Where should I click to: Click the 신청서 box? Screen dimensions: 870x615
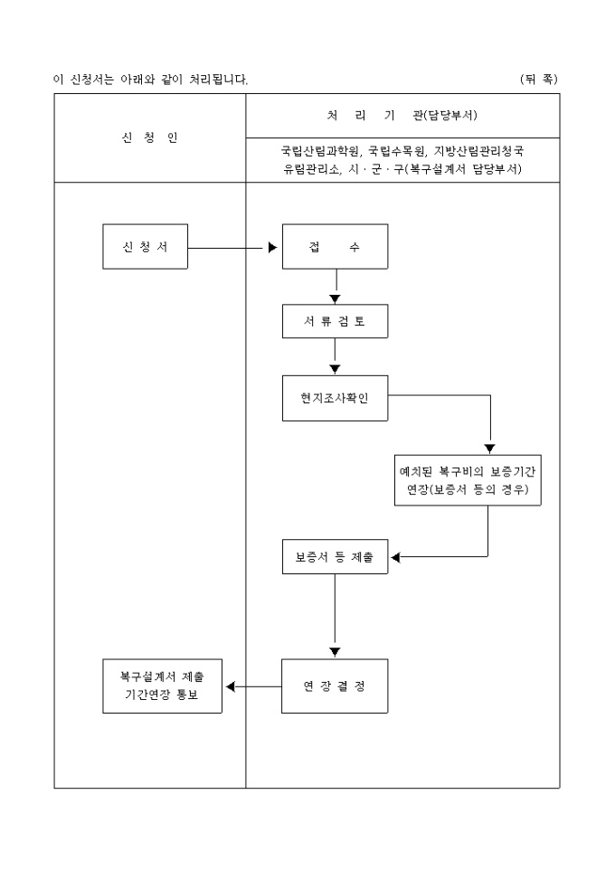pos(145,247)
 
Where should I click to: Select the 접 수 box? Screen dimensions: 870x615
pos(335,247)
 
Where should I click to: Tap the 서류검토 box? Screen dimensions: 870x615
pos(335,320)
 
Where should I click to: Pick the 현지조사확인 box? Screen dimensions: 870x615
pos(335,396)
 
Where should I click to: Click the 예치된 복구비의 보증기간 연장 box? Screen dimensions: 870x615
pos(468,479)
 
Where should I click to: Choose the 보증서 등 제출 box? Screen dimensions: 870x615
pos(335,557)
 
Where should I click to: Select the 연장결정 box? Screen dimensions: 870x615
pos(335,686)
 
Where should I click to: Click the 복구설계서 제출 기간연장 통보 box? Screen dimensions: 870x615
pos(162,686)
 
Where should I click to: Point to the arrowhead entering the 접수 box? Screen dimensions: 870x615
pos(273,247)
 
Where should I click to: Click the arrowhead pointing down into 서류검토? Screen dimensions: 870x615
pos(335,298)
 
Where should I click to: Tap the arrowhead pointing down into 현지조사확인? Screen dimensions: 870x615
pos(335,368)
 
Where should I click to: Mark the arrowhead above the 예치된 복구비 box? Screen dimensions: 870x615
pos(489,449)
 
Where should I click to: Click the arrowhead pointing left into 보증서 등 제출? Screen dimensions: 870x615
pos(396,557)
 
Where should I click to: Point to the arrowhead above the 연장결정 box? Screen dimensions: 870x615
pos(335,651)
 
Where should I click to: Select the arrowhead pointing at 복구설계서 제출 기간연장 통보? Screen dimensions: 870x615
pos(230,686)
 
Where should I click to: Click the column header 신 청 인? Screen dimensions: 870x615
pos(149,137)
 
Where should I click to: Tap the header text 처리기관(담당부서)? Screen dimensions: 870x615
pos(402,116)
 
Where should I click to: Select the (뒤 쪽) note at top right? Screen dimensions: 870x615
pos(539,80)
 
